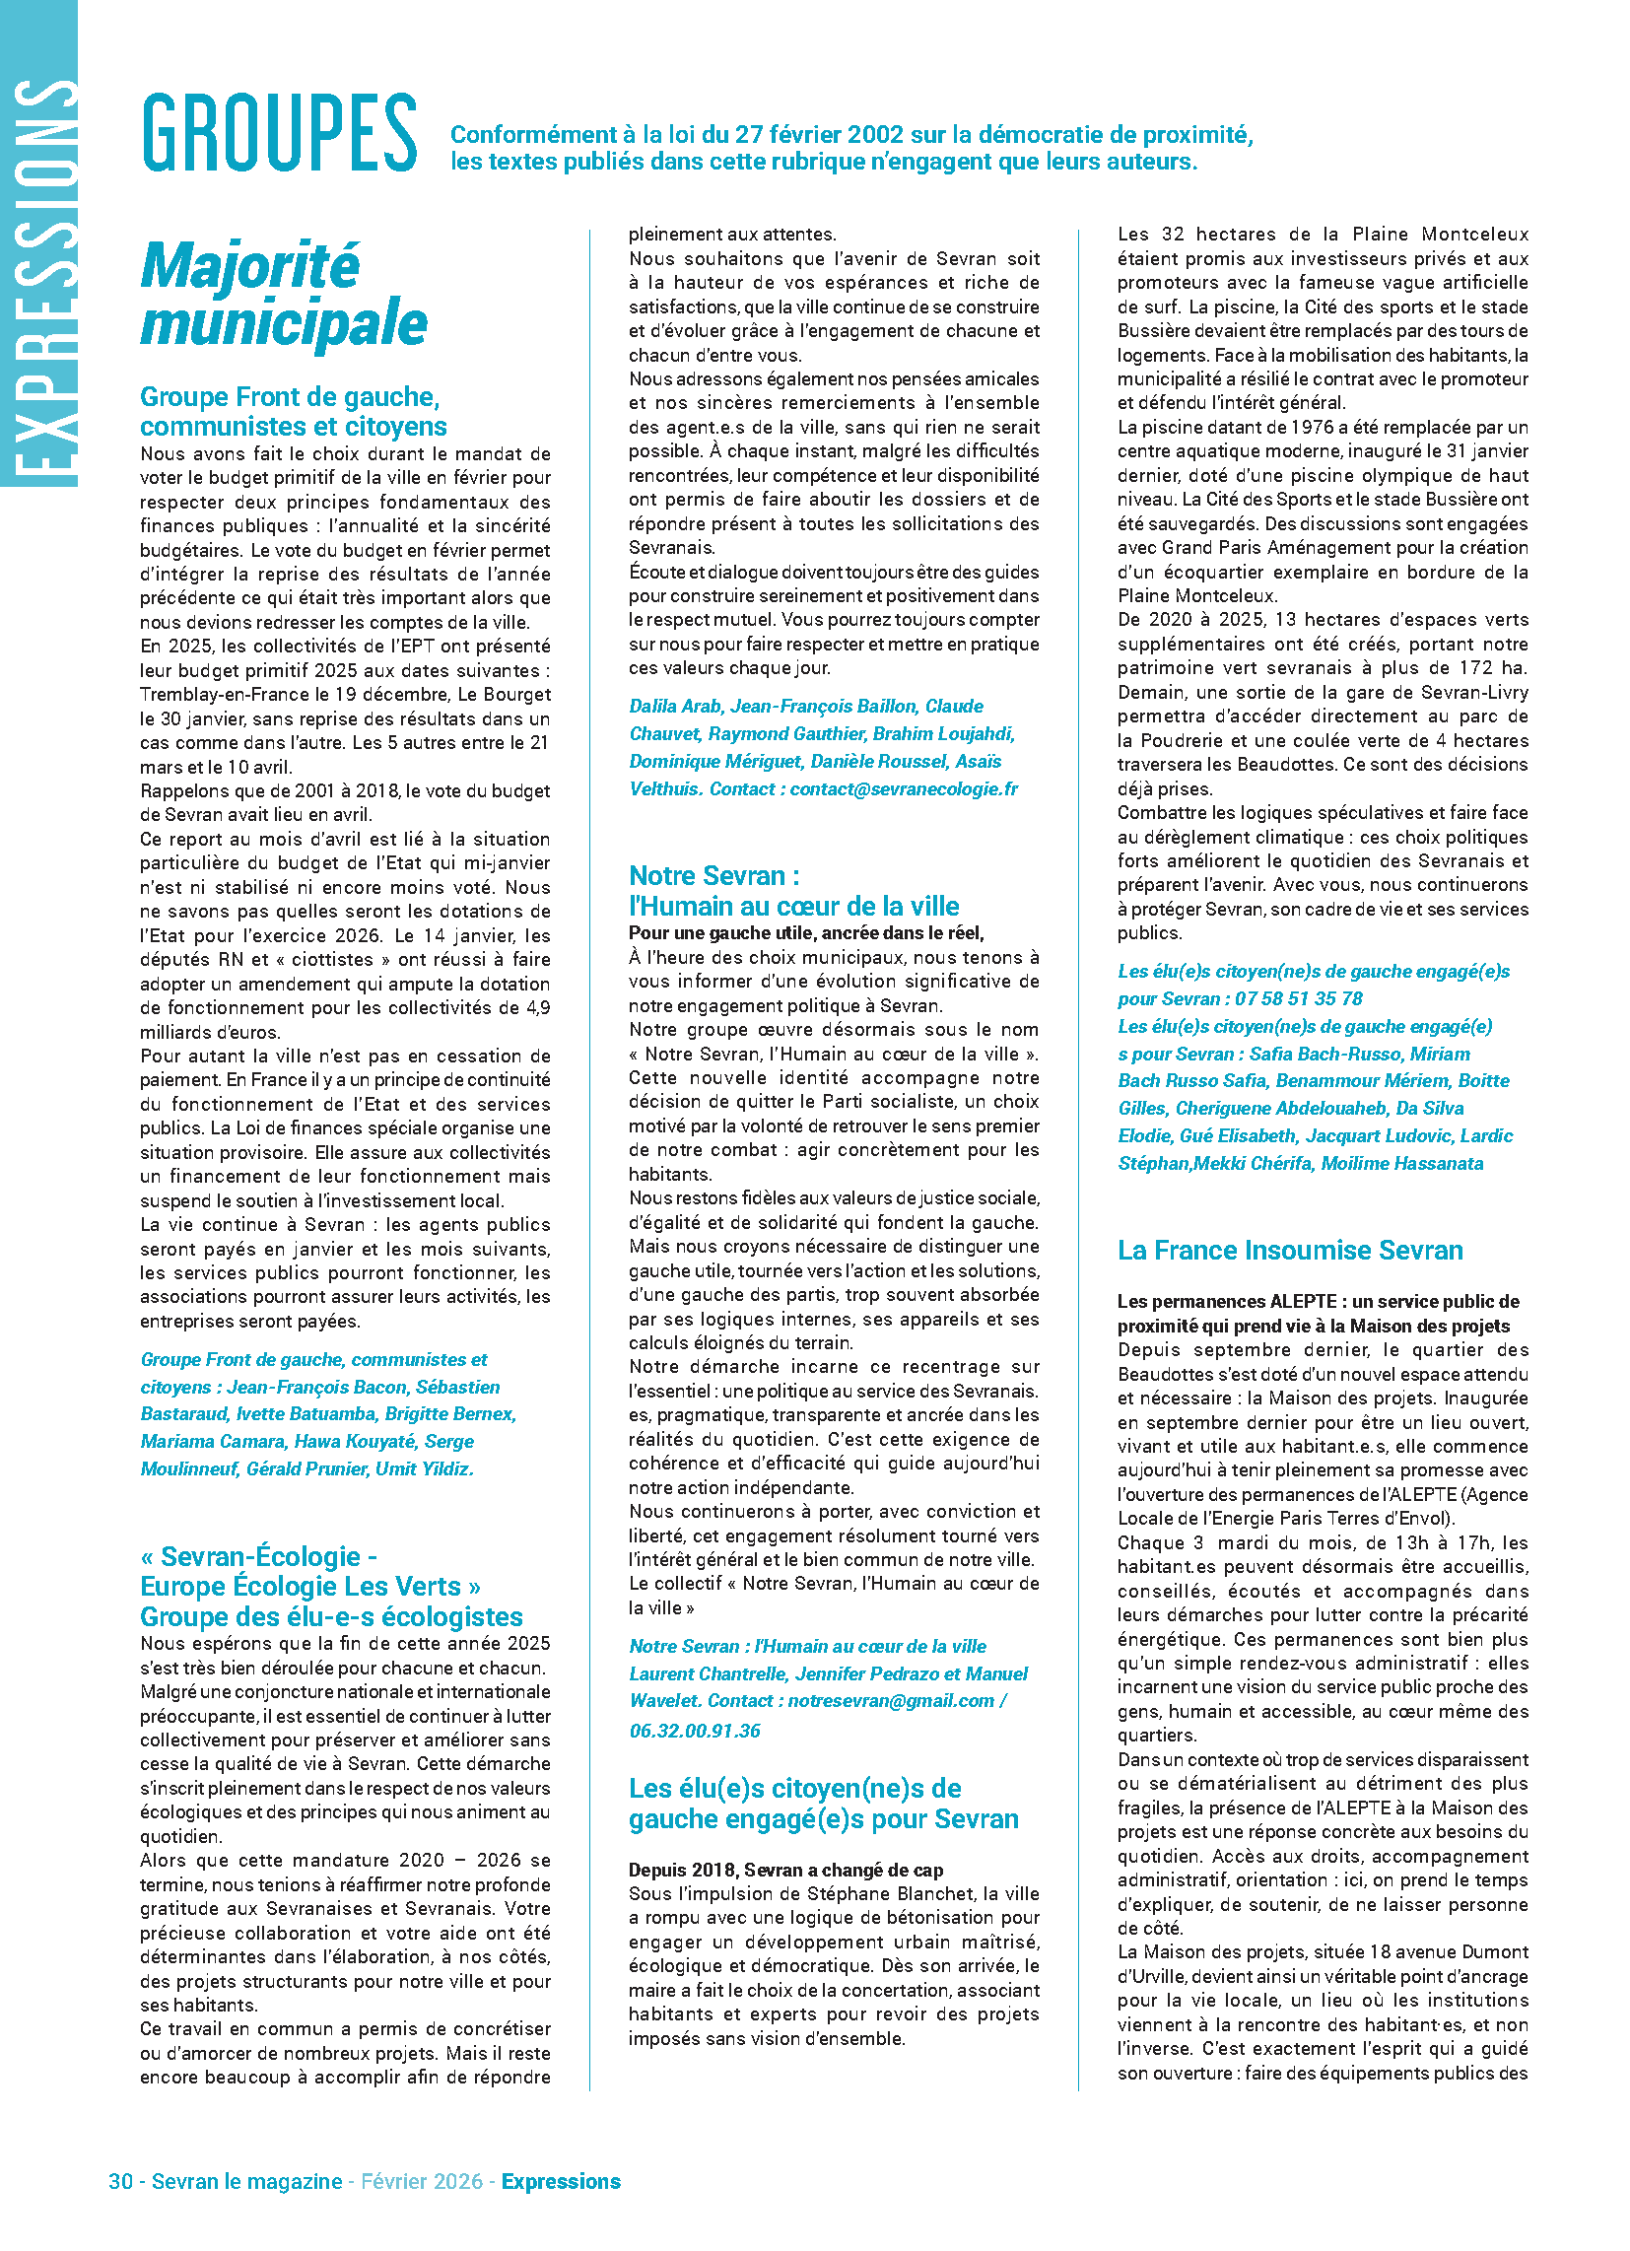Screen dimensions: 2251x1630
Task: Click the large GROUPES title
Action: [279, 133]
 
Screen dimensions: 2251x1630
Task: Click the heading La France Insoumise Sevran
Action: [1289, 1250]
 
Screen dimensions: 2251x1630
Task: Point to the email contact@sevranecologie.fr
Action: [904, 789]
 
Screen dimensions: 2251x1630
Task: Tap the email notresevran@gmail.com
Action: [891, 1700]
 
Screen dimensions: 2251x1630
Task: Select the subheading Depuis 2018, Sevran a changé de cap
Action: [785, 1870]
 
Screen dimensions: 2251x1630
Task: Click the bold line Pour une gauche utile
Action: [805, 933]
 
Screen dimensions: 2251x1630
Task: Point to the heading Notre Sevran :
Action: [713, 875]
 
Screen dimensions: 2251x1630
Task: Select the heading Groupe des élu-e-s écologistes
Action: [330, 1615]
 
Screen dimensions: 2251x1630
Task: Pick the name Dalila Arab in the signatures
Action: [675, 706]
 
